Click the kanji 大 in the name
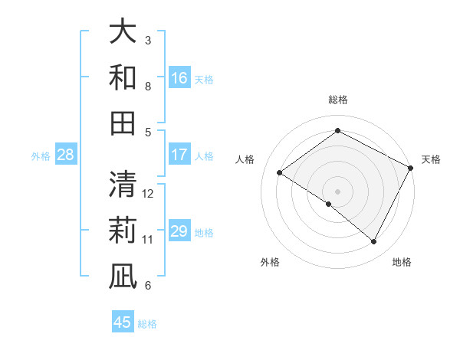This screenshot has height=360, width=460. (123, 32)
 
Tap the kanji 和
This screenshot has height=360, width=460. (123, 77)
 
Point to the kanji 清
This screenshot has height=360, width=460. (123, 184)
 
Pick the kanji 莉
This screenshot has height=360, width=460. (123, 229)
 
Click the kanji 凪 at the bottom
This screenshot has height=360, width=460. (123, 275)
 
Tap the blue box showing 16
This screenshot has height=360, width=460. (179, 78)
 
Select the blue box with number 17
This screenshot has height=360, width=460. (179, 155)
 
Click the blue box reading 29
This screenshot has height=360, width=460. (179, 231)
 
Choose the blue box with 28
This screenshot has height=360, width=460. (66, 155)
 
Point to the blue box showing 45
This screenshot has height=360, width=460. (123, 322)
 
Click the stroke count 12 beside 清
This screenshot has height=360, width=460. (149, 193)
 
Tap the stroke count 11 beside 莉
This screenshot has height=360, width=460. (148, 239)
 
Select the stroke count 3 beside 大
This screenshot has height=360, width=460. (148, 40)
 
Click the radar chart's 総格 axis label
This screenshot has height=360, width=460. (337, 100)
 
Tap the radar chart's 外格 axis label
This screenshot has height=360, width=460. (270, 262)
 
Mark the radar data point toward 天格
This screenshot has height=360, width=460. (411, 168)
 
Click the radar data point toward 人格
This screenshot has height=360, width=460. (280, 172)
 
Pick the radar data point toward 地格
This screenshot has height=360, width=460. (374, 242)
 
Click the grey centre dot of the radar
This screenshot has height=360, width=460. (337, 191)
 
